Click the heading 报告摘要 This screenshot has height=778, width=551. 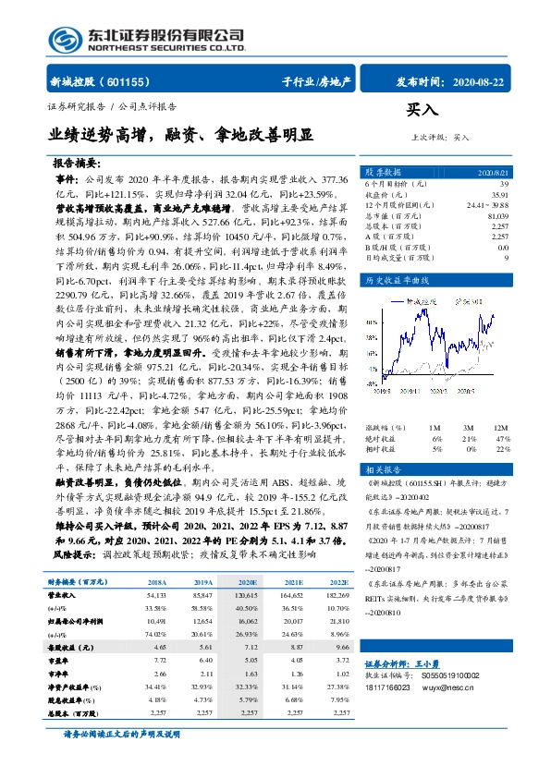[x=79, y=161]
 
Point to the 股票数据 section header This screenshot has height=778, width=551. [x=385, y=173]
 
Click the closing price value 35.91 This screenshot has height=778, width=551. [x=500, y=195]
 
